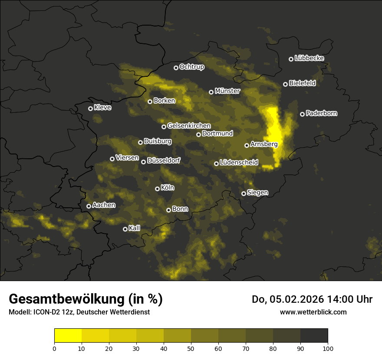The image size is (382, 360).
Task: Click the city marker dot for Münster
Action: coord(211,92)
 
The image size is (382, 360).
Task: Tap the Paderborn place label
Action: coord(321,113)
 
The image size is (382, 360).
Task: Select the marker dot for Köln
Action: coord(158,189)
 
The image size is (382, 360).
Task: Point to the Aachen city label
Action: coord(104,205)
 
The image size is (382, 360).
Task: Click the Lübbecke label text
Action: coord(309,58)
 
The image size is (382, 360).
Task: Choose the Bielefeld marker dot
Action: coord(286,84)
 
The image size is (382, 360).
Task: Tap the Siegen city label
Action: coord(257,193)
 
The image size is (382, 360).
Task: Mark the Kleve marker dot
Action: coord(91,108)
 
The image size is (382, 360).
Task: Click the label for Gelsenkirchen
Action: coord(189,126)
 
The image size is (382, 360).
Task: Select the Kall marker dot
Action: coord(125,229)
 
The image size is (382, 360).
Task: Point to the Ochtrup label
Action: coord(191,67)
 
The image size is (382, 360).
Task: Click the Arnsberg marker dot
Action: coord(247,145)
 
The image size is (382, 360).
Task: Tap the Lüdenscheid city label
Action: coord(239,163)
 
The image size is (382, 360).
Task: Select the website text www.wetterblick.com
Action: coord(313,312)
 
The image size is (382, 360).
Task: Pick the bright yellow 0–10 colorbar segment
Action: coord(68,335)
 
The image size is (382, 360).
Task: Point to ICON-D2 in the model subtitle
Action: coord(46,312)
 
